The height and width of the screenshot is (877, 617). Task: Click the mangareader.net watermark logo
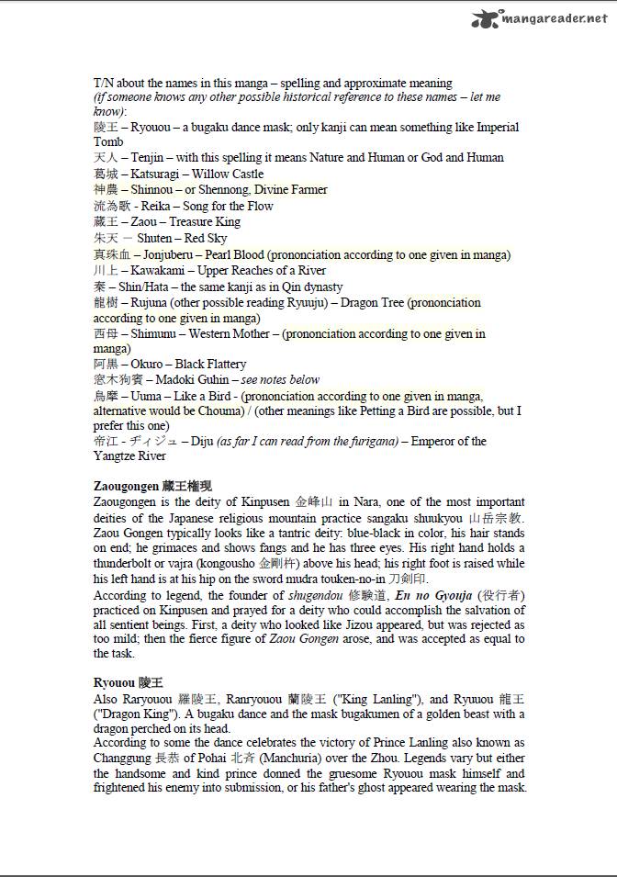(x=540, y=17)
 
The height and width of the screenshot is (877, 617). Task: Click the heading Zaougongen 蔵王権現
(x=152, y=486)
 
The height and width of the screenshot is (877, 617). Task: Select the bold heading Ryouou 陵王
(x=128, y=682)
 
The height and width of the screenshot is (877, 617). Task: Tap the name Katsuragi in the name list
(x=155, y=174)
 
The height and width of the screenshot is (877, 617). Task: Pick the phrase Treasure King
(x=202, y=221)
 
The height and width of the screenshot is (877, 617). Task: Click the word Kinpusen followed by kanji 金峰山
(x=264, y=501)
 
